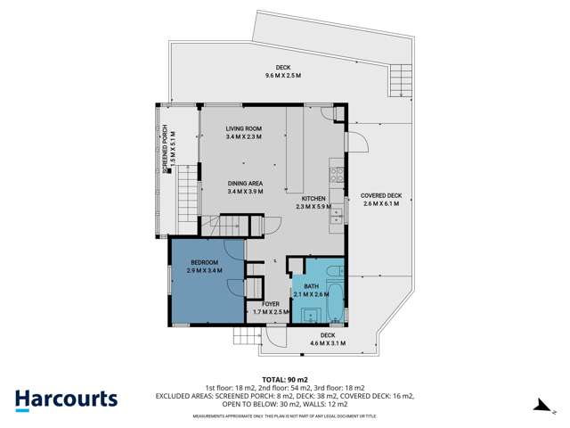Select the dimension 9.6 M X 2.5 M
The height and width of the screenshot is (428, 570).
click(x=283, y=76)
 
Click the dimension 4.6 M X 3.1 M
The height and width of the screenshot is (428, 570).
click(x=327, y=342)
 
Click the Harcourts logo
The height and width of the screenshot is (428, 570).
click(x=67, y=399)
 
